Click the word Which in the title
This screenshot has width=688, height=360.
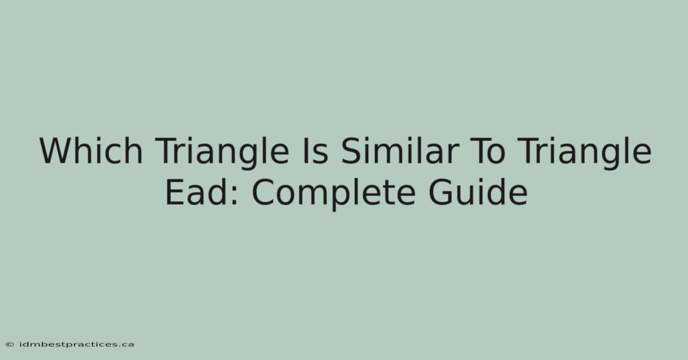(91, 151)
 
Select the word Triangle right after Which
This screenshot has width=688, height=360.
(222, 154)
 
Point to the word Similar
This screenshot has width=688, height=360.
(400, 151)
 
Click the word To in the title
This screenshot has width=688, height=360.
(488, 151)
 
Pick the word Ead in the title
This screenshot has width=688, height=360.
(196, 191)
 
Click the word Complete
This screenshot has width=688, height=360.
(334, 194)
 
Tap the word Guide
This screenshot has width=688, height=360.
(478, 191)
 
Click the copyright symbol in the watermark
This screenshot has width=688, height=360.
(10, 345)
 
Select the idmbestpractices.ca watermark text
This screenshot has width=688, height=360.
(77, 345)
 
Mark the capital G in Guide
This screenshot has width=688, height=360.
(440, 192)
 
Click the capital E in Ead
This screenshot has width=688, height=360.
(174, 192)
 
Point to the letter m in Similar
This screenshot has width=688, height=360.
(388, 155)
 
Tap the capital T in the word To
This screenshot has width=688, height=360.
(480, 151)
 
